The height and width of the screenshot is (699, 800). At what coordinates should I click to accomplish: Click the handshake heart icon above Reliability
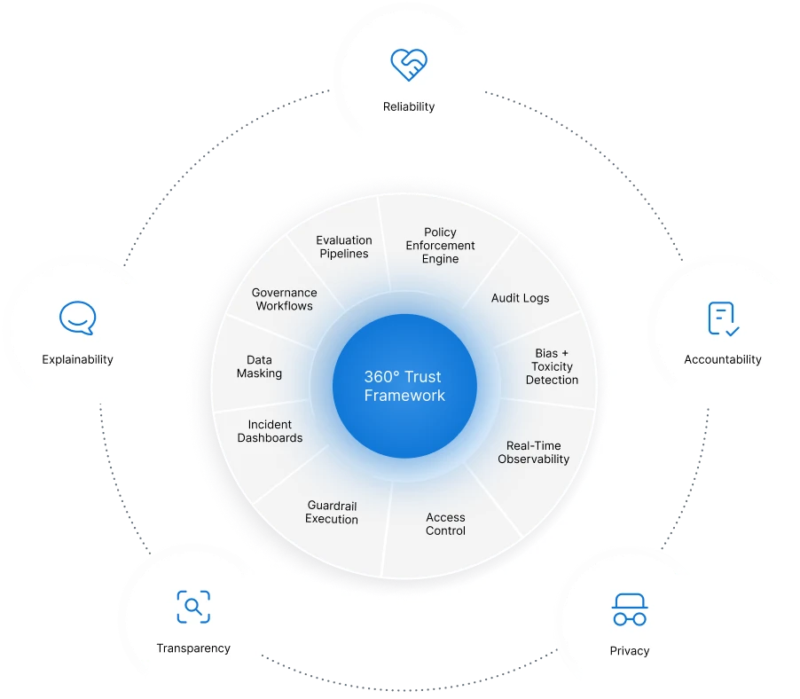409,64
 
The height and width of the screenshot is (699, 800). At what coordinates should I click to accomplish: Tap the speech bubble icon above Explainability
77,318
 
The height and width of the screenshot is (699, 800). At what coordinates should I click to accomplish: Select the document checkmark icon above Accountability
723,318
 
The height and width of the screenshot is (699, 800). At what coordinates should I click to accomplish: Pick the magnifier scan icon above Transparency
192,607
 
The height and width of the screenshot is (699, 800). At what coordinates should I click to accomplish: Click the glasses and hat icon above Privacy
630,609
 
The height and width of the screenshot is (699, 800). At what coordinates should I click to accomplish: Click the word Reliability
409,106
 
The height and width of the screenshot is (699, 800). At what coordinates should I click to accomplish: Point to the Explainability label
77,359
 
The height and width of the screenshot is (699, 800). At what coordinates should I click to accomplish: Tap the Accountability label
723,359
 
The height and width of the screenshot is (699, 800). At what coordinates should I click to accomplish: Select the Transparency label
193,648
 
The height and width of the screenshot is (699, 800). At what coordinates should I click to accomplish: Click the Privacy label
630,651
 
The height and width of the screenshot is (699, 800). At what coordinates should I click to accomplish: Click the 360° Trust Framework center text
404,386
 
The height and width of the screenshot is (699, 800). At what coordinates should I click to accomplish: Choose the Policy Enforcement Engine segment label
441,246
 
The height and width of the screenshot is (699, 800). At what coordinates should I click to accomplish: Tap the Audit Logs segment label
521,298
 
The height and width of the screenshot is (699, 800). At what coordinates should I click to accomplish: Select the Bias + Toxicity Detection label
552,366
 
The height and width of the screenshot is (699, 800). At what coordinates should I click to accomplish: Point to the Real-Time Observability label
534,452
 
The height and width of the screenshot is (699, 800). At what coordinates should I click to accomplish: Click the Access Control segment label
445,524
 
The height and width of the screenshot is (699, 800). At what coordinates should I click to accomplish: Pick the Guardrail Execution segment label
332,513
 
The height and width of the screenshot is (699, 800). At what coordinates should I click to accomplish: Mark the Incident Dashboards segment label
271,431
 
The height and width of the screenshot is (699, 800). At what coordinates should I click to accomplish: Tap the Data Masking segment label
259,366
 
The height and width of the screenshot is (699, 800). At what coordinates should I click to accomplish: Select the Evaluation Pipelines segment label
344,247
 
